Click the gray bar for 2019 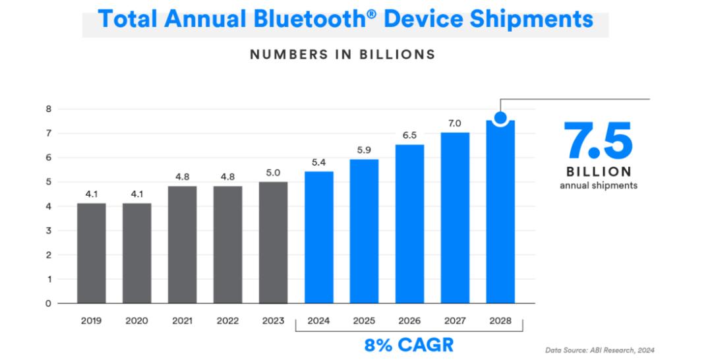(x=91, y=253)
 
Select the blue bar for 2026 (x=409, y=224)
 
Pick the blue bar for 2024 (x=318, y=237)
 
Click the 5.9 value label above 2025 (x=364, y=150)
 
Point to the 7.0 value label (x=455, y=123)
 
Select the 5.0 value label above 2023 (x=273, y=173)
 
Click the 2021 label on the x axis (x=182, y=321)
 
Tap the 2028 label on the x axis (x=500, y=321)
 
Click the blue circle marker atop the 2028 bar (x=500, y=119)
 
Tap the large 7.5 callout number (x=598, y=141)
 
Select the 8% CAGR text (x=410, y=345)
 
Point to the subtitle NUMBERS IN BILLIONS (x=342, y=55)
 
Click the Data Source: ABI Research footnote (x=600, y=350)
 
